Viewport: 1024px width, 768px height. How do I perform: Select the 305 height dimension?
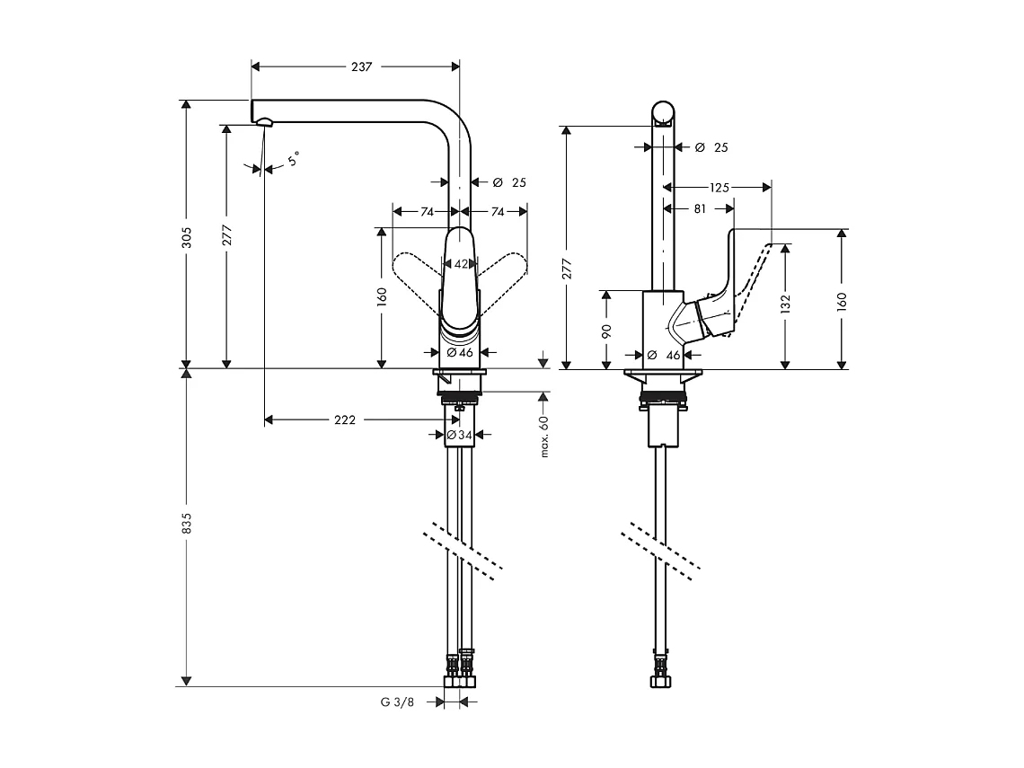[x=186, y=237]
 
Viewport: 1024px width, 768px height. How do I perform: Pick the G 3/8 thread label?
[x=396, y=702]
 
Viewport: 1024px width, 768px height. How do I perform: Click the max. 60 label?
[x=544, y=437]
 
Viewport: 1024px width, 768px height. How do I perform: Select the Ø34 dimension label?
[x=460, y=436]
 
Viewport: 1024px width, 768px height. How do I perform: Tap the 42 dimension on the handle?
[x=461, y=264]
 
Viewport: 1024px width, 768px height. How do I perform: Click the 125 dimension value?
[x=719, y=188]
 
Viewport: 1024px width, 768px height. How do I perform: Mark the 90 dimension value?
[x=607, y=330]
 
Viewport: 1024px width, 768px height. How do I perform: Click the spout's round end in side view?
[x=663, y=113]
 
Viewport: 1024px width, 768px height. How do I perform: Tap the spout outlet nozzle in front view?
[x=264, y=122]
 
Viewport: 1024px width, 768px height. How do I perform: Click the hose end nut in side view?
[x=663, y=680]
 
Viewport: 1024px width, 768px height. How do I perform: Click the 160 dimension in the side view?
[x=842, y=299]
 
